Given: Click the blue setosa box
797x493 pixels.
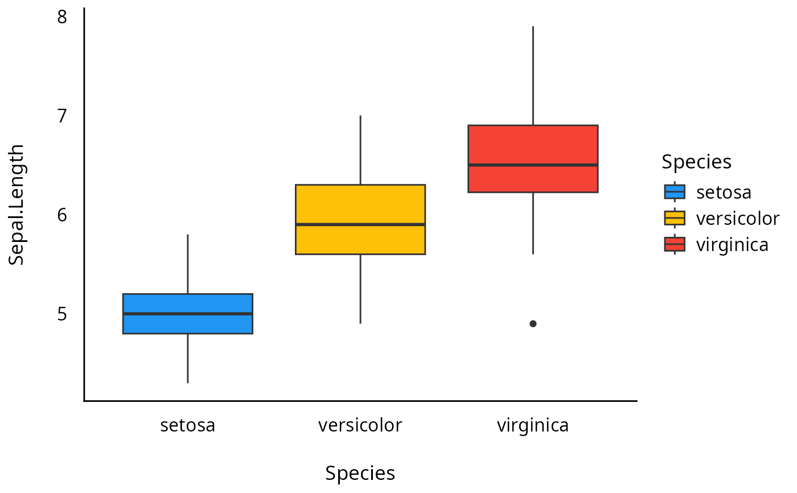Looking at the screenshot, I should click(188, 324).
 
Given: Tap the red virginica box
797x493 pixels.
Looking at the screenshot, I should click(533, 145).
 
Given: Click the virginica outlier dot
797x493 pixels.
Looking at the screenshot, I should click(533, 323).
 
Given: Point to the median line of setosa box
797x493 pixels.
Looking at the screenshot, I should click(188, 314).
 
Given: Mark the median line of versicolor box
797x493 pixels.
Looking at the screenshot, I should click(360, 224).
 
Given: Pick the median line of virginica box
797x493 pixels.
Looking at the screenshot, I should click(533, 165).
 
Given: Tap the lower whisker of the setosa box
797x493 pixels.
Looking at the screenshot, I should click(188, 358).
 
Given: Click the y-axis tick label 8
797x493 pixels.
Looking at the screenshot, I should click(62, 17).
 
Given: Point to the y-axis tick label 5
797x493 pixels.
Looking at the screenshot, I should click(62, 314).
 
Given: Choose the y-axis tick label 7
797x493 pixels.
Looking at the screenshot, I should click(62, 116).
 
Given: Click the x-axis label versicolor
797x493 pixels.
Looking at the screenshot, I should click(360, 425).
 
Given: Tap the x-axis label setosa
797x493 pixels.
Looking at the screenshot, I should click(188, 425).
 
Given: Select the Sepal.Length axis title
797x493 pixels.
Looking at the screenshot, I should click(17, 204).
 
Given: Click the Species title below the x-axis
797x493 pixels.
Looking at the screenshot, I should click(360, 473).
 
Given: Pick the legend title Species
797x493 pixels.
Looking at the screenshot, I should click(696, 162).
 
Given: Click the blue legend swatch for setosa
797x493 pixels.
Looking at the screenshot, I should click(675, 192).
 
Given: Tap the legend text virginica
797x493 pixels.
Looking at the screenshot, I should click(732, 244).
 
